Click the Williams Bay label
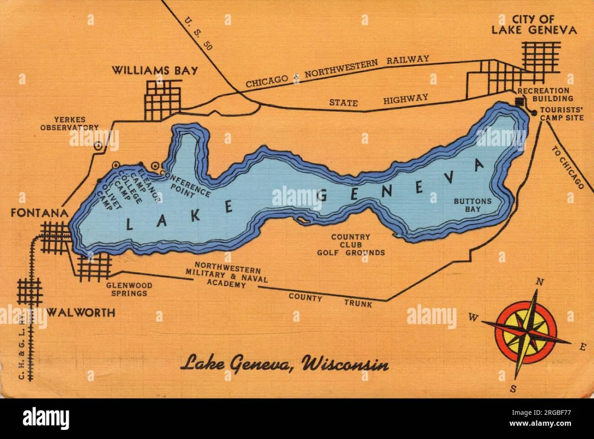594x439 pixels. click(154, 71)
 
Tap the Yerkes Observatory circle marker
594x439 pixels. click(99, 145)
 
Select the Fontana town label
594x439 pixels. click(40, 214)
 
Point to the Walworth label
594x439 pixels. click(81, 312)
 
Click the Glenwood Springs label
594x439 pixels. click(129, 289)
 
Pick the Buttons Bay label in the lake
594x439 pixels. click(473, 205)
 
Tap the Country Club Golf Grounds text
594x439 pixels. click(350, 245)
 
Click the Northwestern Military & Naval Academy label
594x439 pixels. click(227, 276)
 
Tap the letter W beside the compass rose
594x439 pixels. click(473, 318)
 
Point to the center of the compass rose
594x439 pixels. click(526, 333)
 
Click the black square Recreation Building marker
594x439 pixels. click(519, 102)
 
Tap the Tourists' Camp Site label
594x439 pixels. click(561, 114)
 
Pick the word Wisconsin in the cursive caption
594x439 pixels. click(345, 364)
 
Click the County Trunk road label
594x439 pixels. click(330, 300)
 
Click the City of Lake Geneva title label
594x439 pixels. click(534, 25)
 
